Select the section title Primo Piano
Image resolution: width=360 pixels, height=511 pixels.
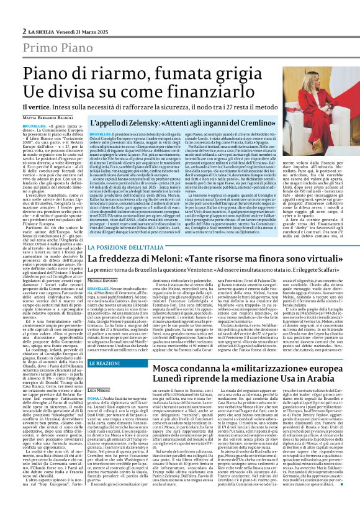tap(57, 48)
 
